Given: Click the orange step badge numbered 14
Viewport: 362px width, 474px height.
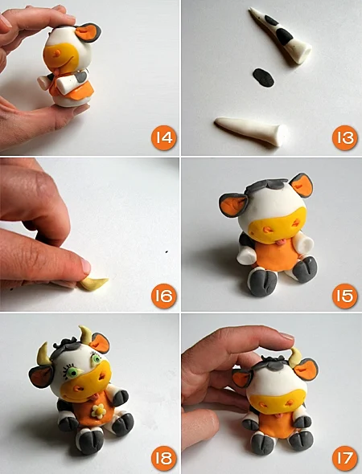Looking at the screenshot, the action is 164,137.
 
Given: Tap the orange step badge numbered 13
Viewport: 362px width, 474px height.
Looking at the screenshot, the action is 345,137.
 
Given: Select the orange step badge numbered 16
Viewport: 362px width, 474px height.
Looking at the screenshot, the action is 164,296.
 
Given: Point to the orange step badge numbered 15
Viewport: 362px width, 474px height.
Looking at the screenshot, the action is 345,296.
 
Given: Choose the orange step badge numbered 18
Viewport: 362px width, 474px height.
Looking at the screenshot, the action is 164,458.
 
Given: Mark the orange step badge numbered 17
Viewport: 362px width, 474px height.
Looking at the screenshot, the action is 345,458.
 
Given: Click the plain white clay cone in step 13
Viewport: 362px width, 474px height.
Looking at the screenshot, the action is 251,131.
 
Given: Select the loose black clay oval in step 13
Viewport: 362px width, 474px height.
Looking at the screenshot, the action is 264,78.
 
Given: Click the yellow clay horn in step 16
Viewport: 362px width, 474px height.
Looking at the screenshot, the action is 94,284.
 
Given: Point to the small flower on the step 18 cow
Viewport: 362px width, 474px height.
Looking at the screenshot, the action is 99,411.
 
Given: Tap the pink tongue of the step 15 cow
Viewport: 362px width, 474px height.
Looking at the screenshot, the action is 282,242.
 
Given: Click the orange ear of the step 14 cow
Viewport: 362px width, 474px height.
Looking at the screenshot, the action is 88,33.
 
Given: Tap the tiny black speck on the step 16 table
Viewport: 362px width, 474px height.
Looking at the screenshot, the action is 167,251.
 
